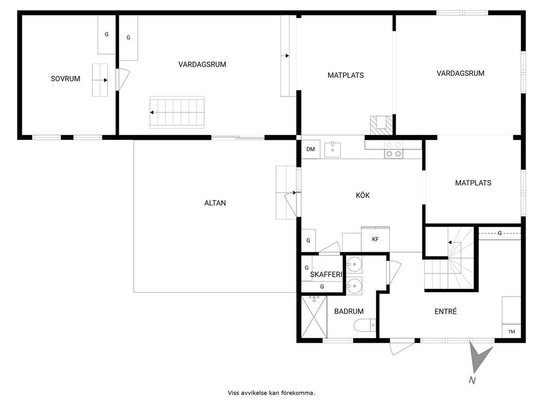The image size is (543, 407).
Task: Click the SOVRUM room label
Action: [x=65, y=78]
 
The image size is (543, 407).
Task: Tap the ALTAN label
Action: [x=215, y=203]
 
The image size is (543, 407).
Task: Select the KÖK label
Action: [x=363, y=195]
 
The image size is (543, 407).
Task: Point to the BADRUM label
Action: [x=349, y=311]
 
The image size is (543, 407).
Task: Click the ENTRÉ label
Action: [x=445, y=311]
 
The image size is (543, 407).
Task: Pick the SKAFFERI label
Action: [x=326, y=275]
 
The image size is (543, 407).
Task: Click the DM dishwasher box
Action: [x=311, y=149]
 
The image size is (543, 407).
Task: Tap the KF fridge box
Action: [x=375, y=239]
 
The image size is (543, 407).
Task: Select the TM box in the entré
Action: [x=512, y=331]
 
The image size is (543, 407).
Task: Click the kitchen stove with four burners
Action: [x=394, y=149]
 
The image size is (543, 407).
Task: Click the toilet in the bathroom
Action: [x=365, y=326]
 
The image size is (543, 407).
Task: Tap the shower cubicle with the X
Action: [x=314, y=317]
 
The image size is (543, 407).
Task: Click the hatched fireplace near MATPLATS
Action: [x=381, y=125]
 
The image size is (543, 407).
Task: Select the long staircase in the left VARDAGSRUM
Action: [x=177, y=112]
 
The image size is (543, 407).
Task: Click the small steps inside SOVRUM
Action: [x=100, y=80]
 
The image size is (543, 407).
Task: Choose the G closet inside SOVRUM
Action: [x=107, y=34]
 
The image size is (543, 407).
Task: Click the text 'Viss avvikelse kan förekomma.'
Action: [x=271, y=393]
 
